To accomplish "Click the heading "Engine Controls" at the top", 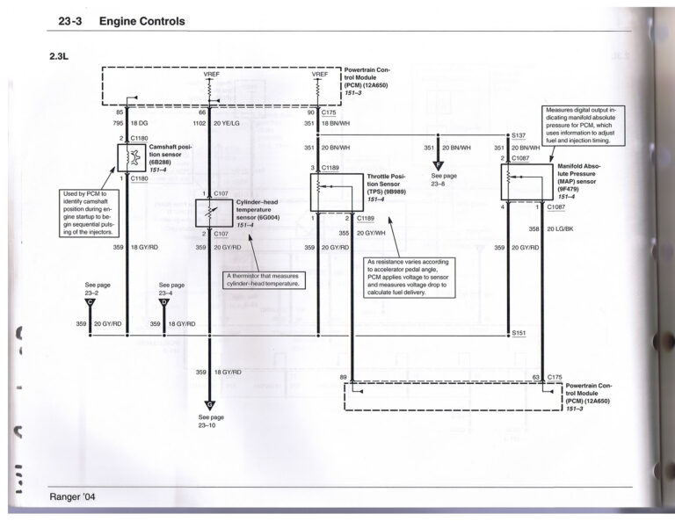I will click(142, 21).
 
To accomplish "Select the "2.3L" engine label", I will click(64, 55).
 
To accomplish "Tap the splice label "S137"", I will click(519, 136).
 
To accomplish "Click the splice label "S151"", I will click(519, 333).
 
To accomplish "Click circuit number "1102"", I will click(200, 124).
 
